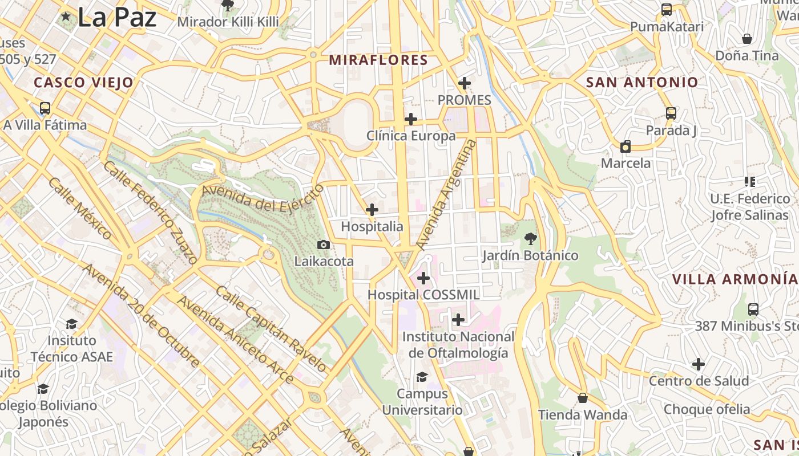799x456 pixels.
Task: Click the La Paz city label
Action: point(116,17)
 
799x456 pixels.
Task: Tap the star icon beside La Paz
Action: point(66,17)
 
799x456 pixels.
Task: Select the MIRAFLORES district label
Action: point(378,60)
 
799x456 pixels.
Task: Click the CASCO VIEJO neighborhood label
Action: point(83,83)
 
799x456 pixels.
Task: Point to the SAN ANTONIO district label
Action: point(642,82)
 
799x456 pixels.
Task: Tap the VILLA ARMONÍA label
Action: point(735,279)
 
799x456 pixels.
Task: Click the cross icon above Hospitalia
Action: point(372,210)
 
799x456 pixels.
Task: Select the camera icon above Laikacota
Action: point(324,245)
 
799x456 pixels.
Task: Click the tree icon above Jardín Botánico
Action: point(531,239)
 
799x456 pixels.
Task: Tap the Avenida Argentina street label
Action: point(446,194)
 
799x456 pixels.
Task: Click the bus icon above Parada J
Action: point(671,113)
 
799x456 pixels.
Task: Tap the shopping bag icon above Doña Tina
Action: point(746,39)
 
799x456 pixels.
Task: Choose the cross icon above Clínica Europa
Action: point(411,119)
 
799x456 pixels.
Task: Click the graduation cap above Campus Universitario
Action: point(422,377)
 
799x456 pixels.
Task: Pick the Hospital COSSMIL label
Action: point(423,295)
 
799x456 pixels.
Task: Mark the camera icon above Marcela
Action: point(626,146)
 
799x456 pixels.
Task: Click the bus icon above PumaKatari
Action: point(667,10)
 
